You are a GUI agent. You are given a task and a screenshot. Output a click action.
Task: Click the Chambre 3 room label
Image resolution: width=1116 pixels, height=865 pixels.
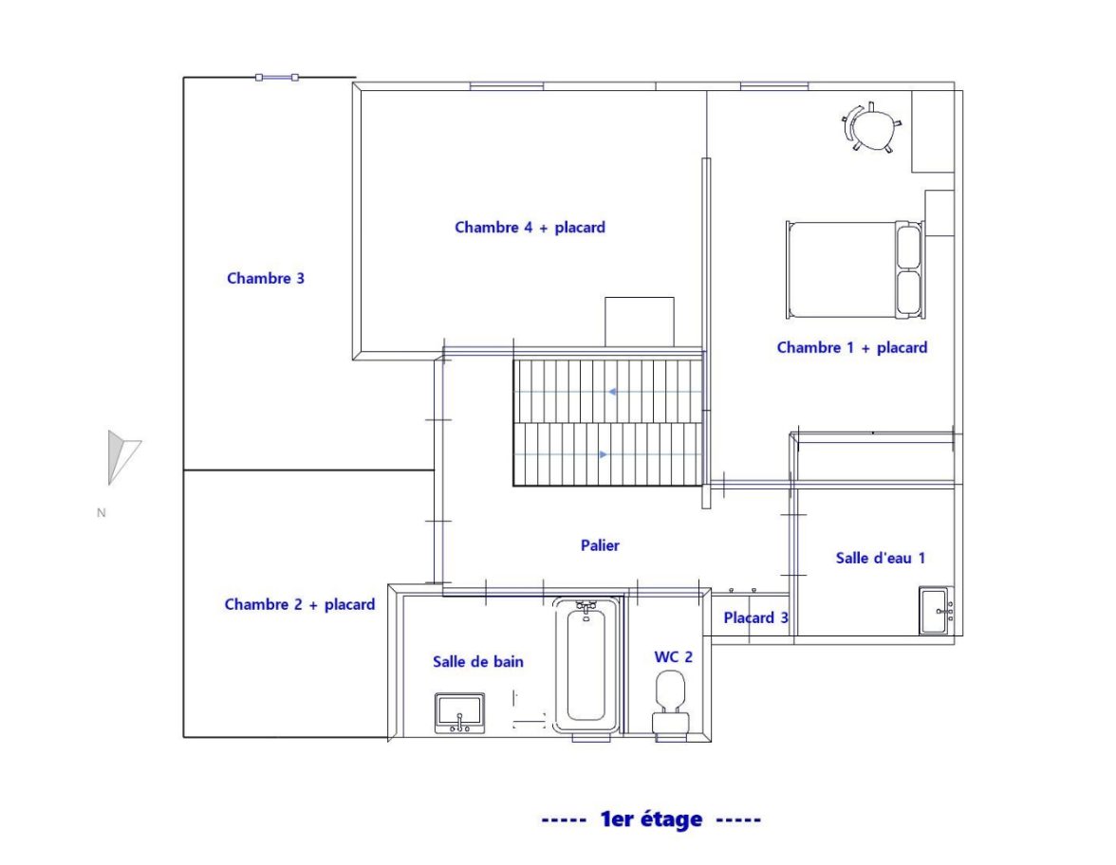[x=266, y=278]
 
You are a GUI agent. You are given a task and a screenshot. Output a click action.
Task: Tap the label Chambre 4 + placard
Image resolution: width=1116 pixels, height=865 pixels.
[x=530, y=228]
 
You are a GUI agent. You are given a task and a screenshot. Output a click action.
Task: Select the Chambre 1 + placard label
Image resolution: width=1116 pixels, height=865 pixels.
[x=852, y=348]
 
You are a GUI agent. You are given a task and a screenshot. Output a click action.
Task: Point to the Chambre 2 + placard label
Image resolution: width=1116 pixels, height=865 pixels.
[x=300, y=605]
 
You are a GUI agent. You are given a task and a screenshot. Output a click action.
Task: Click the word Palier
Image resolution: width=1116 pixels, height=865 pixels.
[x=600, y=545]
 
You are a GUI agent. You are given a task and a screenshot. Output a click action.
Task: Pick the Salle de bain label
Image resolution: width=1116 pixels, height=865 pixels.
[x=478, y=662]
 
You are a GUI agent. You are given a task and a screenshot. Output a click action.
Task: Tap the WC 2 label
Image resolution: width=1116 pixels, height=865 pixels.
[x=674, y=657]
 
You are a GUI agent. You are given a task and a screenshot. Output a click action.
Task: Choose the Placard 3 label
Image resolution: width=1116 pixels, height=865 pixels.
[x=755, y=618]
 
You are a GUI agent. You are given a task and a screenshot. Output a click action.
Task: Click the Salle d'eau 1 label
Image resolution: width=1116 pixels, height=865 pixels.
[x=881, y=559]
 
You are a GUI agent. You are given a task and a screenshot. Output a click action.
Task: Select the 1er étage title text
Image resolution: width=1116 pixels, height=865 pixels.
[x=651, y=819]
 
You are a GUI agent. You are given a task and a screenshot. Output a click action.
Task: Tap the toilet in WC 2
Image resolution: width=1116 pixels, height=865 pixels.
[x=670, y=702]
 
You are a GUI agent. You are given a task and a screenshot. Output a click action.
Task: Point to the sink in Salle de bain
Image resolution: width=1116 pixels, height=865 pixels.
[x=459, y=713]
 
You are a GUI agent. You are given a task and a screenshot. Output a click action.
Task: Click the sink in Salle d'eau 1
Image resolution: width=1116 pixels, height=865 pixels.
[x=937, y=611]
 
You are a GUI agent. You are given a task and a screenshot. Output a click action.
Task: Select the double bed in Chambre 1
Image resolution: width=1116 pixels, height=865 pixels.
[x=854, y=269]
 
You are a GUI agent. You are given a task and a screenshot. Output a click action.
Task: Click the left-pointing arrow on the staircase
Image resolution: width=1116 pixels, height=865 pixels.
[x=612, y=392]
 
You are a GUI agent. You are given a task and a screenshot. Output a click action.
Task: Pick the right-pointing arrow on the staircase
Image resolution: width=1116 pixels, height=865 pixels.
[x=604, y=454]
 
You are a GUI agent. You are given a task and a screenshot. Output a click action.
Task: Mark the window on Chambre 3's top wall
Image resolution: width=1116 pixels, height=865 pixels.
[x=277, y=78]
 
